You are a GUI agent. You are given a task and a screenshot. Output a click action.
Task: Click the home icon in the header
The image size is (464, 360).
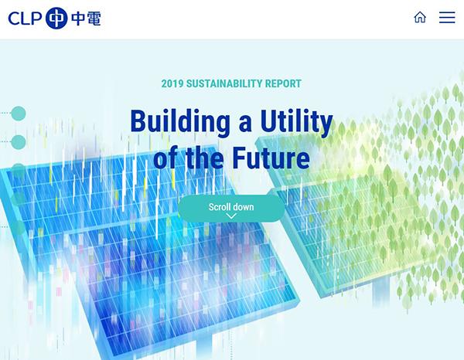click(x=420, y=17)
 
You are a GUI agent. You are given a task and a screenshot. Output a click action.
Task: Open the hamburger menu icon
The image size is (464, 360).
click(x=447, y=18)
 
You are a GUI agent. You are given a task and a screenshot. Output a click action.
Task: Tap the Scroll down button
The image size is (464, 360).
click(x=231, y=209)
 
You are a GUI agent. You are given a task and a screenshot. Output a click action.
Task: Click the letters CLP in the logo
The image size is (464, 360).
click(x=26, y=19)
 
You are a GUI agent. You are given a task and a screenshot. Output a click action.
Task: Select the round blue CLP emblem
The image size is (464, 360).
click(x=56, y=18)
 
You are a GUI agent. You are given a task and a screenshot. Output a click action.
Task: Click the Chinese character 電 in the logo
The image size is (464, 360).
click(x=92, y=19)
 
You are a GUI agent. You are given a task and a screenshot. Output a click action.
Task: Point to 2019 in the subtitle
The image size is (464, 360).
click(x=172, y=83)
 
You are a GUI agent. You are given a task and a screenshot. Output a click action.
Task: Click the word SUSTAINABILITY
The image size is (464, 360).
click(x=224, y=83)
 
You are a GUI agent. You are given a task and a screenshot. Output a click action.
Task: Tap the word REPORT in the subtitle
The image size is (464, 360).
click(x=283, y=83)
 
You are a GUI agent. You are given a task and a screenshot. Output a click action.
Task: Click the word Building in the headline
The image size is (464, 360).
click(x=180, y=122)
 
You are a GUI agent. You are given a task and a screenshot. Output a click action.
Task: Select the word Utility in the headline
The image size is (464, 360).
click(x=296, y=122)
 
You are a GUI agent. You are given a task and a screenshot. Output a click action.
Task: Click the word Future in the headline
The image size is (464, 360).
click(x=271, y=158)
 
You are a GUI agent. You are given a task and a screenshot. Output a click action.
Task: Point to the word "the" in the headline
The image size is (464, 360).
click(x=204, y=158)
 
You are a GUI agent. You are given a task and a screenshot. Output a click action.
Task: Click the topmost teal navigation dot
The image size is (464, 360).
click(x=19, y=114)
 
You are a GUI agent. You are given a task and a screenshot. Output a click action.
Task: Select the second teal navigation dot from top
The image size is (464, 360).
click(x=19, y=142)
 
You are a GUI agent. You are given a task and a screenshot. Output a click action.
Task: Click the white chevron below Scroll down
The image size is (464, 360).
click(x=231, y=216)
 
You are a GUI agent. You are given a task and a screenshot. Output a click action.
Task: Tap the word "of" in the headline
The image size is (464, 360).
click(x=166, y=158)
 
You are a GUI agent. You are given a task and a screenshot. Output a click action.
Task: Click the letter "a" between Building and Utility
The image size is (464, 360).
click(x=245, y=125)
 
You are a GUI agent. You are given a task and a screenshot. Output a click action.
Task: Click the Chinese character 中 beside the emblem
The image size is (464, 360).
click(x=78, y=19)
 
